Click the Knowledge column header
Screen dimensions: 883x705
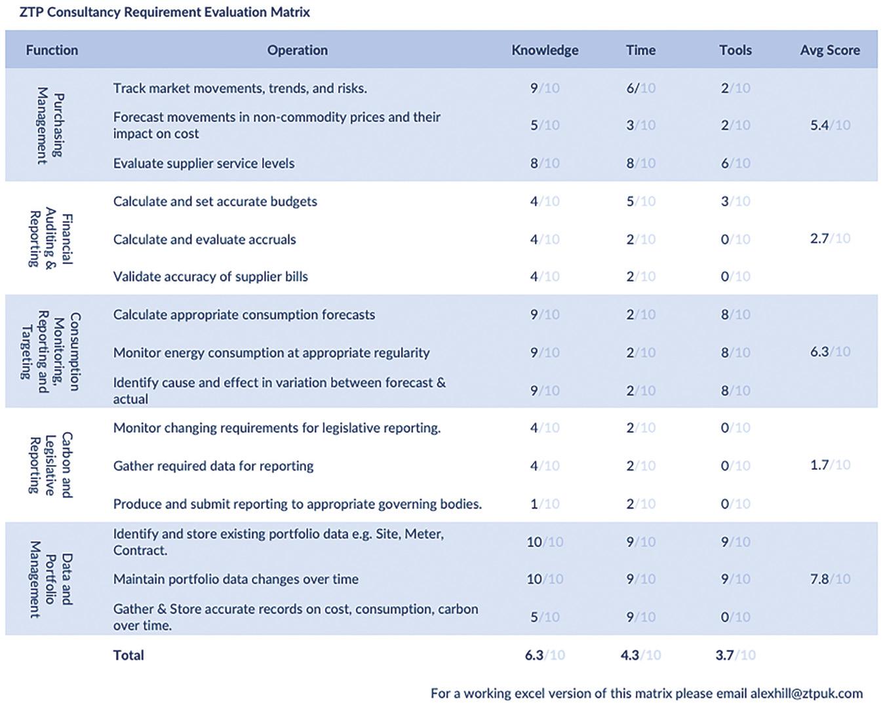tap(545, 50)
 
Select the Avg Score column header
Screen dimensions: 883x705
tap(830, 50)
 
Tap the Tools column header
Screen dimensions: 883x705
tap(736, 50)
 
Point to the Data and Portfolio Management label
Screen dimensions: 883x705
tap(50, 579)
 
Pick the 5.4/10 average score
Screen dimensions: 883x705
tap(830, 125)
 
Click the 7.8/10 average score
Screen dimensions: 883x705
tap(830, 579)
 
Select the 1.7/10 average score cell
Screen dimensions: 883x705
tap(830, 465)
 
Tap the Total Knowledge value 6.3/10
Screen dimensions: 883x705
tap(545, 655)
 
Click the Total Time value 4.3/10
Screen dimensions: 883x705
tap(640, 655)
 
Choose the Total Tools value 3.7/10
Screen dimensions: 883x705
tap(736, 655)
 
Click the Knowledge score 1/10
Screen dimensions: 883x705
tap(545, 504)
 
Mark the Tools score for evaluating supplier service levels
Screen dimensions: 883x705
tap(736, 163)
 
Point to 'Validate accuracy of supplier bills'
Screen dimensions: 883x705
tap(210, 276)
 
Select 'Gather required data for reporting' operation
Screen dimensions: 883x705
tap(213, 466)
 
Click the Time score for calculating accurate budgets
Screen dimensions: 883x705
tap(640, 201)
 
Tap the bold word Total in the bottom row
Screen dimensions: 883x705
tap(128, 655)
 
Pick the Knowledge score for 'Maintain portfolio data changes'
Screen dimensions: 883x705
tap(545, 579)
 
